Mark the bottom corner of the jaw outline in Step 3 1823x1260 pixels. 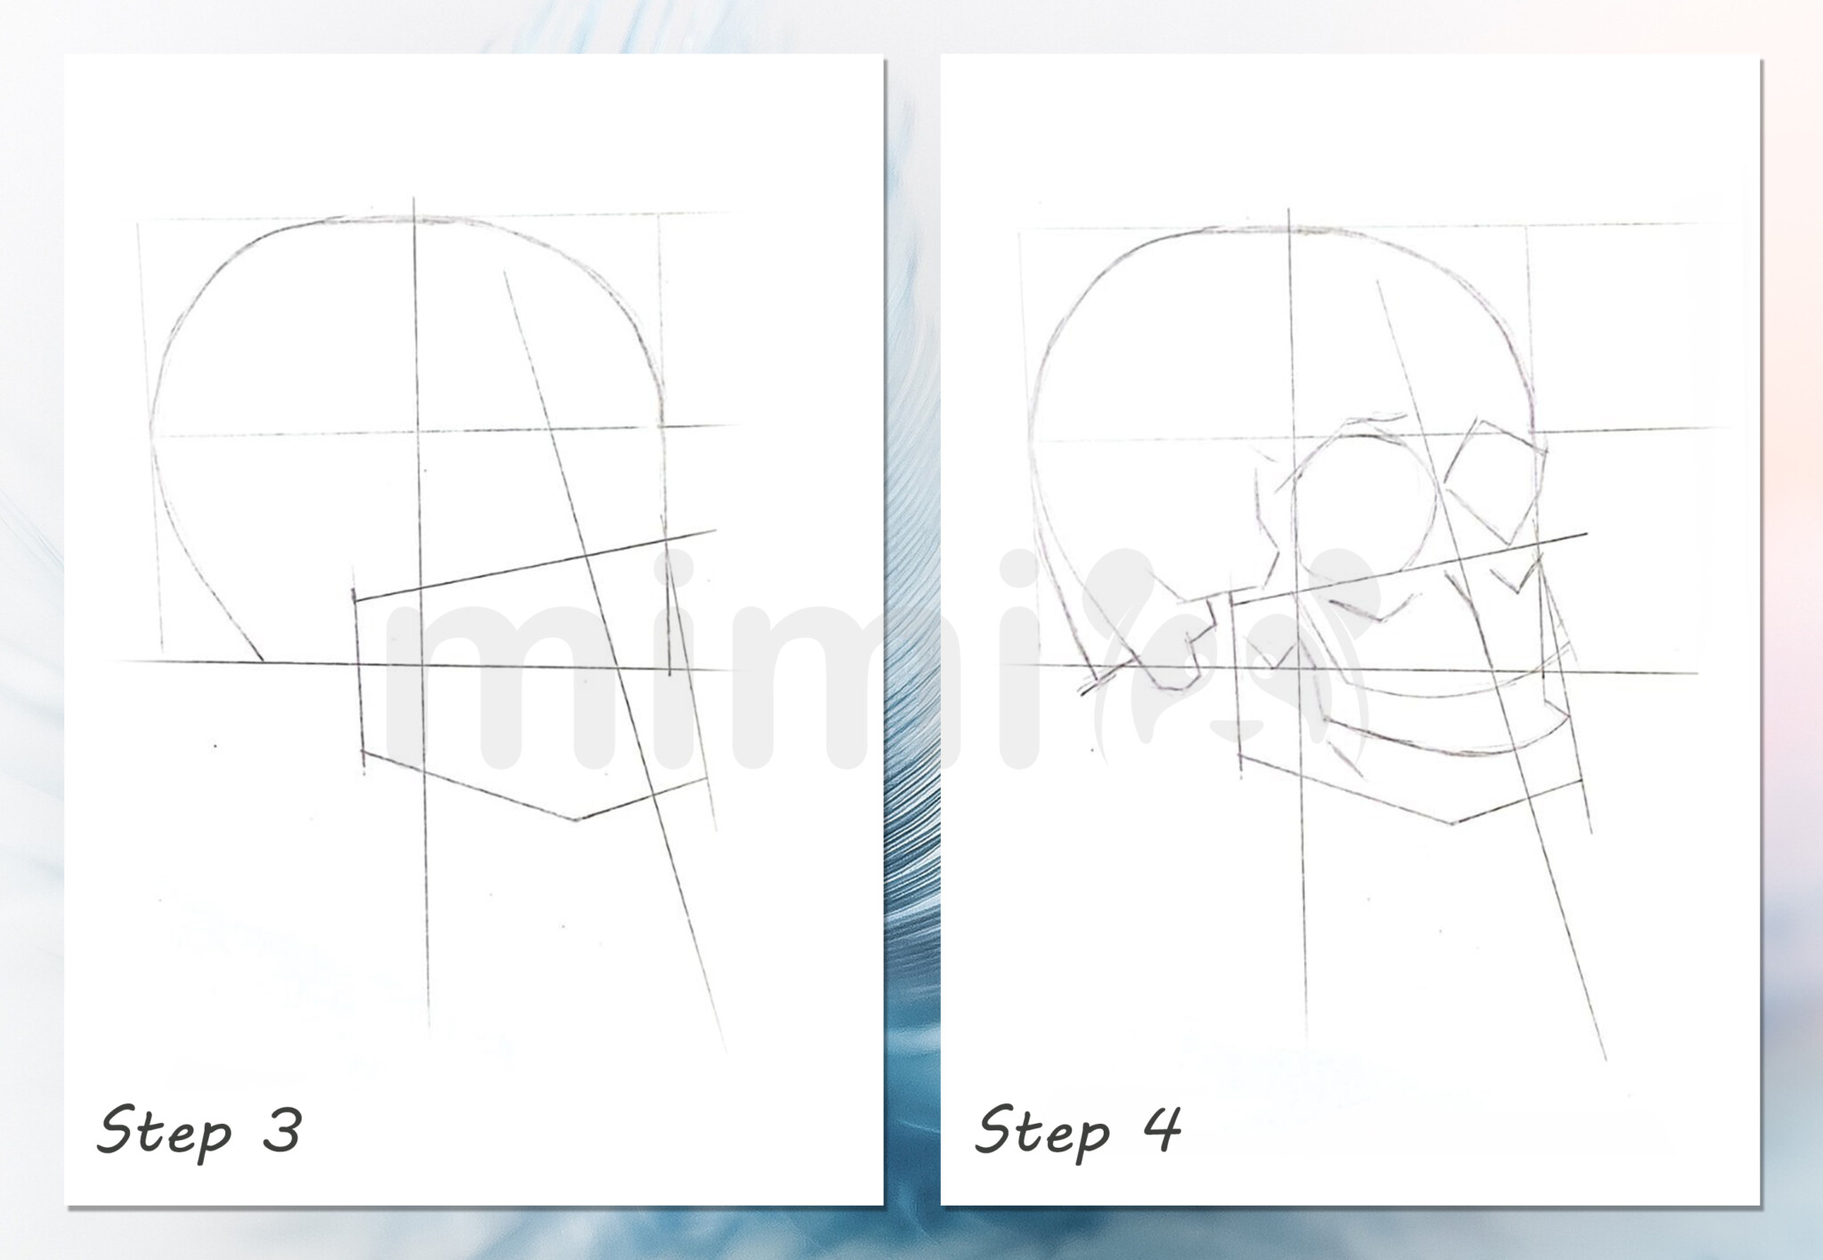(576, 819)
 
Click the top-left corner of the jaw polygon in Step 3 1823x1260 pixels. (354, 600)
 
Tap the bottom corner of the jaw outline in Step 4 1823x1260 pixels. (1452, 822)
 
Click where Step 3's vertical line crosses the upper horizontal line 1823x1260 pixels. (417, 433)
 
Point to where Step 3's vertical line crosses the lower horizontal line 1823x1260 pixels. (423, 665)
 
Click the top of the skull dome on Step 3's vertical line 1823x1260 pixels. (415, 217)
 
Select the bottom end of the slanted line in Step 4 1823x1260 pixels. (1605, 1059)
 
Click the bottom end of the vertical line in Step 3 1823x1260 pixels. (429, 1032)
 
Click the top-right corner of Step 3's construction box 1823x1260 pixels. (659, 214)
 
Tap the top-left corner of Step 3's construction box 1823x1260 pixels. (139, 221)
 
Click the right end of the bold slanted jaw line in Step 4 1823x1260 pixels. (1586, 534)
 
